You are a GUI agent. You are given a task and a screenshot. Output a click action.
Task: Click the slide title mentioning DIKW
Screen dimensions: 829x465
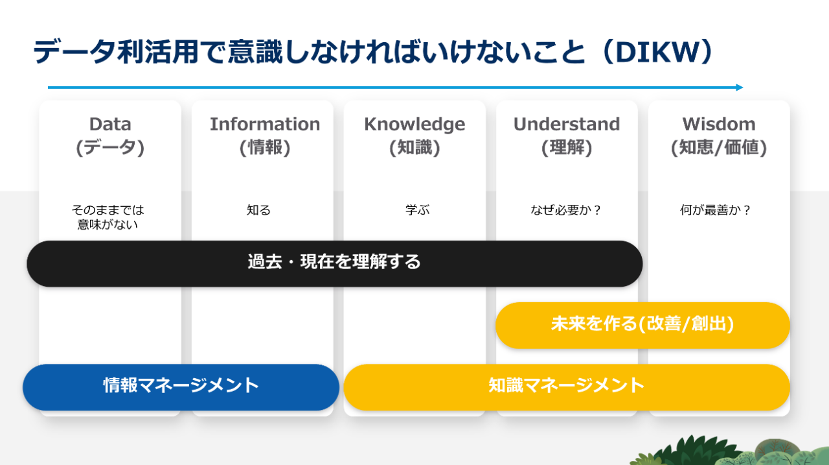click(372, 52)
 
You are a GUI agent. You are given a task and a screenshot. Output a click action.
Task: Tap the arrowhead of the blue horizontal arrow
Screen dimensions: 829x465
click(740, 88)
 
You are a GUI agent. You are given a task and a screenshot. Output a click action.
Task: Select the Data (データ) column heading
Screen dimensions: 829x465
click(110, 136)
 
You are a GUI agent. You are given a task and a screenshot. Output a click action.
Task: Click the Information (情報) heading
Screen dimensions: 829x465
click(265, 136)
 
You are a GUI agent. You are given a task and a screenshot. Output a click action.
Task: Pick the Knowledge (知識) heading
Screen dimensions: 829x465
click(414, 136)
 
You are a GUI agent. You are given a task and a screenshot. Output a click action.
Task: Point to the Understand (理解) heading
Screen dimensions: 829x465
click(567, 136)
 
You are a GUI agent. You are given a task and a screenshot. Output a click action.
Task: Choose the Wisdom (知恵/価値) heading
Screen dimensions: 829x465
click(719, 136)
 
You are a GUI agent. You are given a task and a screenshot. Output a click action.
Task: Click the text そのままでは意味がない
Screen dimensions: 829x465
click(108, 217)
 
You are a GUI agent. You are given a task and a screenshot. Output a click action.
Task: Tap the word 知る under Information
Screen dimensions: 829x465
click(258, 210)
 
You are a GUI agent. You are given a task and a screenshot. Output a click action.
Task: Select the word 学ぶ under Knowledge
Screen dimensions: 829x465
click(418, 210)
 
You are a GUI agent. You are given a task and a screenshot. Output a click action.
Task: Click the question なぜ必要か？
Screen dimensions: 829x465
click(566, 210)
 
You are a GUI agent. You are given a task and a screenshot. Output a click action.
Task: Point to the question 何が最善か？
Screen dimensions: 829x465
click(715, 210)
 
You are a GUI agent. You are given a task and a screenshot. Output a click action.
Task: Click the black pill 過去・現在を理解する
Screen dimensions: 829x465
click(335, 263)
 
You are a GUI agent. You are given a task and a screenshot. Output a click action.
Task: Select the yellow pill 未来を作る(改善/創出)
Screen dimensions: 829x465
click(643, 326)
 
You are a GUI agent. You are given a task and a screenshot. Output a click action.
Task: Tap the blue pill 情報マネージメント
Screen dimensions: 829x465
click(181, 387)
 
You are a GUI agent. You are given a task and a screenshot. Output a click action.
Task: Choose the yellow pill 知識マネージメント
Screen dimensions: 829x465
click(567, 387)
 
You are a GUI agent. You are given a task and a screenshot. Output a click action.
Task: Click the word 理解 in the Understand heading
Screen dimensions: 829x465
click(567, 147)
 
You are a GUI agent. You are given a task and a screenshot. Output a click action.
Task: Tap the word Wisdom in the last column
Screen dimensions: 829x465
click(719, 124)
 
